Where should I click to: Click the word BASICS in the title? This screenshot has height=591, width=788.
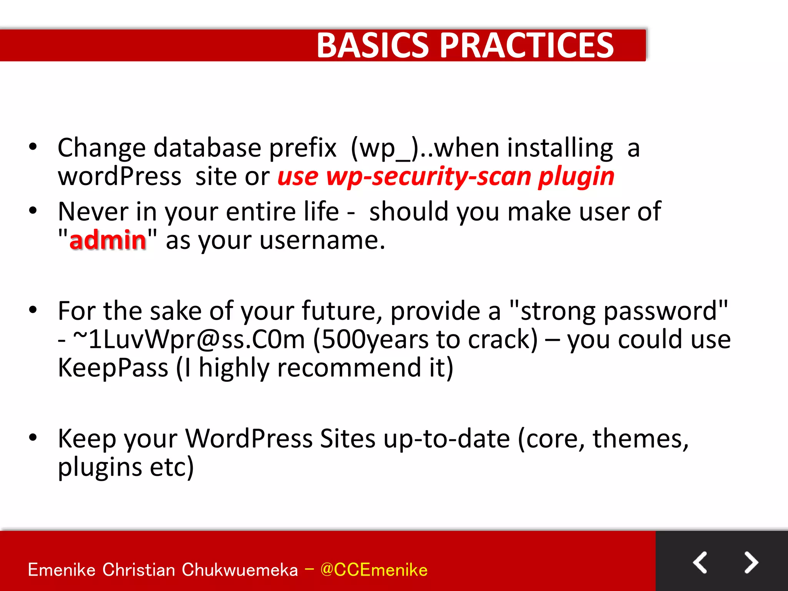pos(372,45)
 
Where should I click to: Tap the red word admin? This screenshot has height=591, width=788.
pos(108,240)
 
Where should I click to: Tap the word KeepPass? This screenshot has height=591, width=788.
pos(113,367)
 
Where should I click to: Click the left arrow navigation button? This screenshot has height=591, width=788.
pos(700,563)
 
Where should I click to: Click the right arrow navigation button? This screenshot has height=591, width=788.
pos(751,563)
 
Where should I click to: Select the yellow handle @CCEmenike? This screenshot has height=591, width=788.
pos(374,570)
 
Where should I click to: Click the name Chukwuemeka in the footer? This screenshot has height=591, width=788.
pos(239,570)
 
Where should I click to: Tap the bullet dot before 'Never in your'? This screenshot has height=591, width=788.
pos(33,210)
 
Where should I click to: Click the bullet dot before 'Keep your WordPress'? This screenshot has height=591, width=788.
pos(33,437)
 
